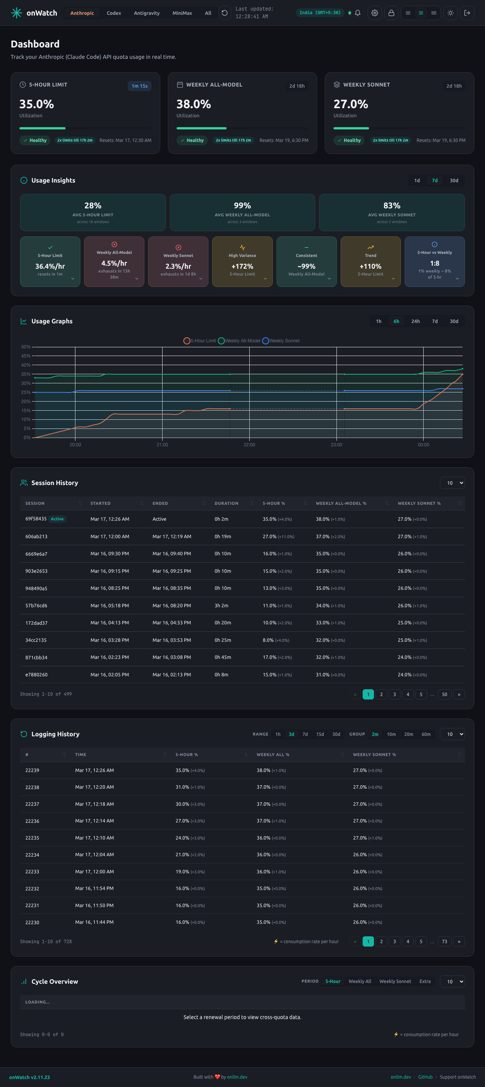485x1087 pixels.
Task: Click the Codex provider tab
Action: click(114, 13)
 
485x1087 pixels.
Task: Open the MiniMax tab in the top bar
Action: click(182, 13)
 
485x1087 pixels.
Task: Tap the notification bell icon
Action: click(358, 13)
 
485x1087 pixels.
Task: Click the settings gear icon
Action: click(375, 13)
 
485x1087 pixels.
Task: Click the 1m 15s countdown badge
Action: click(139, 86)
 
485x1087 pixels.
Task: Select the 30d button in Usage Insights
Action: click(454, 181)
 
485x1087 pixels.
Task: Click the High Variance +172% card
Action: click(242, 262)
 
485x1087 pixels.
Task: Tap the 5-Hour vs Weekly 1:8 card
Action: click(435, 262)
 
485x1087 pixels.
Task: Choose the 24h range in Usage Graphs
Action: click(416, 321)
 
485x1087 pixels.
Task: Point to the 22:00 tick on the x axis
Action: click(249, 445)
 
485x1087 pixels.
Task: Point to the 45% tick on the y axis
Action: click(26, 356)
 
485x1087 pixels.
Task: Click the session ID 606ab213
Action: click(36, 537)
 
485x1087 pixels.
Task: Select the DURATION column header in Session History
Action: click(226, 503)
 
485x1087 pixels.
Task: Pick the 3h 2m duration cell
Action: click(221, 605)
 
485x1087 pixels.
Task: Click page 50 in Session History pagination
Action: click(444, 695)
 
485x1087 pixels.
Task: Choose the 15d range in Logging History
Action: click(320, 735)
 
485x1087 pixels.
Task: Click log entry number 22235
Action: click(32, 838)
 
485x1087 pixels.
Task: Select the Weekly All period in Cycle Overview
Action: click(360, 981)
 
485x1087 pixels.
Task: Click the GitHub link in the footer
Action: click(425, 1077)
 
